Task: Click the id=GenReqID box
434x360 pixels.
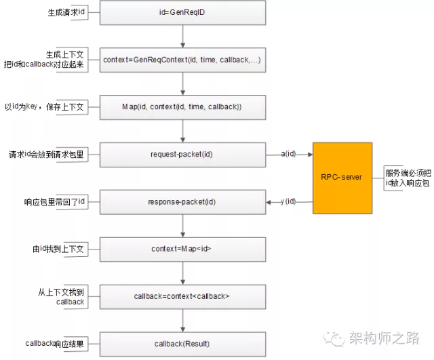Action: [182, 13]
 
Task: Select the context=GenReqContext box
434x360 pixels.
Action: [182, 60]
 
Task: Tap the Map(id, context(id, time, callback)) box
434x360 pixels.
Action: [182, 107]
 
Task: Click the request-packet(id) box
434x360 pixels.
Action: [182, 155]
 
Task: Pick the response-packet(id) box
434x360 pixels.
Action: [182, 202]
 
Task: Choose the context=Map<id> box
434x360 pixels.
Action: [182, 249]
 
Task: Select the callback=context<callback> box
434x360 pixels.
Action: [182, 296]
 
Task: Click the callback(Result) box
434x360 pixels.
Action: [182, 344]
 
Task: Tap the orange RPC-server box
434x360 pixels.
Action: [342, 178]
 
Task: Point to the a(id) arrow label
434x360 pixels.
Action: [288, 155]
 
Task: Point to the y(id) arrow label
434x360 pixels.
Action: [288, 202]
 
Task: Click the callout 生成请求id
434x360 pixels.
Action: [66, 13]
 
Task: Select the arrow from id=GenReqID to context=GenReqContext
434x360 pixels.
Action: [182, 36]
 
